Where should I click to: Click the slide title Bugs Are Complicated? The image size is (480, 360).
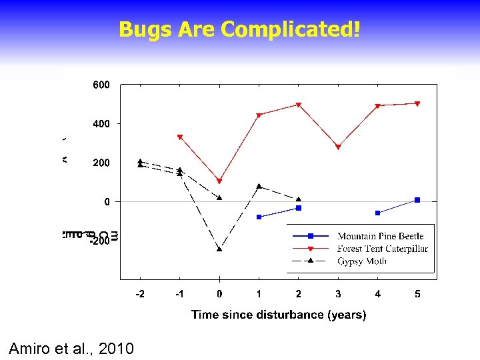239,29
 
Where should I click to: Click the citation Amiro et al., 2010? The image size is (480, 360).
71,348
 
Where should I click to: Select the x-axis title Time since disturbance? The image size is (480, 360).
278,314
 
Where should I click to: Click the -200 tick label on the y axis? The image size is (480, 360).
100,241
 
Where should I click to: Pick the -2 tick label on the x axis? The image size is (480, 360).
139,294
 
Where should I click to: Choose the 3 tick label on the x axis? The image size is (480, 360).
338,294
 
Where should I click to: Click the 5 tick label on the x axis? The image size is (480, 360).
417,294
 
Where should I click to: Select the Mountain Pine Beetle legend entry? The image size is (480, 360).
380,236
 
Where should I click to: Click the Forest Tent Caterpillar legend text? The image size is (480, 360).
382,249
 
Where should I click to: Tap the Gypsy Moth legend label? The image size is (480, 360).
361,261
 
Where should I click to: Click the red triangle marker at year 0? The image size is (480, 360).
219,181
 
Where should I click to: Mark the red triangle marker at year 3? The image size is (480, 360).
338,147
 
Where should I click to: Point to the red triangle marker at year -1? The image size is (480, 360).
180,137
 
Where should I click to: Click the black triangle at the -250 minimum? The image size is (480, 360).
219,249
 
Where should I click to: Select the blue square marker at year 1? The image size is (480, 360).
259,217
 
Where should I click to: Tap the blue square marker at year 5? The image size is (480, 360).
417,200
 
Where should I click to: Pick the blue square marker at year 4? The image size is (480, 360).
377,213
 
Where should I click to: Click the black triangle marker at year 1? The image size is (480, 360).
259,187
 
